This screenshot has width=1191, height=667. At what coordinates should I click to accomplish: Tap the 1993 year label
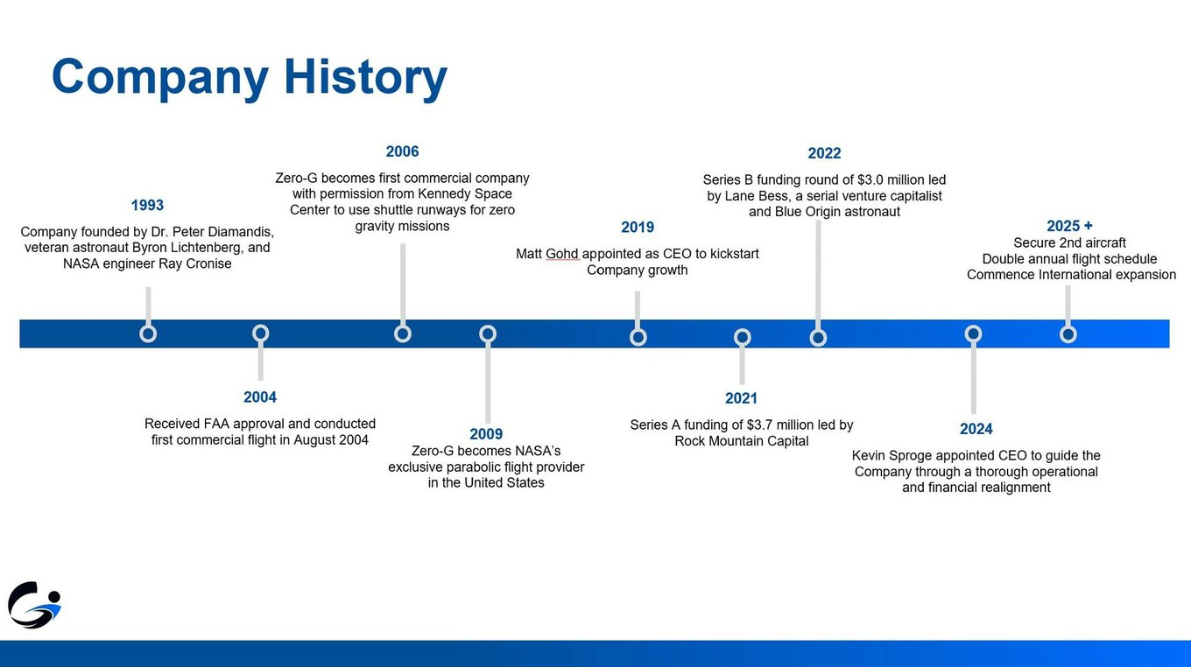(x=147, y=205)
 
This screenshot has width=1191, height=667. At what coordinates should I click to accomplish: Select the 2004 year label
(x=260, y=397)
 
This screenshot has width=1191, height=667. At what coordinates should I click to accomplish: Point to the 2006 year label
(x=402, y=151)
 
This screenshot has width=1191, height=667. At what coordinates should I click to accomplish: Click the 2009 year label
(x=486, y=434)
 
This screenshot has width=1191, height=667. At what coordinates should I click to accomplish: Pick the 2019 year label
(x=638, y=228)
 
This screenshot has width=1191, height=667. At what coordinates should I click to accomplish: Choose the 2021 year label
(x=741, y=398)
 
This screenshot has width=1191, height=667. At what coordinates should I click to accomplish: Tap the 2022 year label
(x=824, y=153)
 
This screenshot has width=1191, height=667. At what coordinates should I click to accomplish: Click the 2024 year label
(x=976, y=429)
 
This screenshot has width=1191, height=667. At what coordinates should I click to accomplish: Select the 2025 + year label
(x=1069, y=226)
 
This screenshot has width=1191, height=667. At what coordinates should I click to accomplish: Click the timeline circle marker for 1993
(x=148, y=333)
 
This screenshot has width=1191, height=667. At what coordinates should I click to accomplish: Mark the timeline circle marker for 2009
(x=488, y=333)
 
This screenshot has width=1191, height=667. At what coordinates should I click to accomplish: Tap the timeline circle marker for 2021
(x=743, y=337)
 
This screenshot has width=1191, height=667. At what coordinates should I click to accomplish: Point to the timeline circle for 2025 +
(x=1068, y=334)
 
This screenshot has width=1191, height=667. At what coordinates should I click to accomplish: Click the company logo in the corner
(x=34, y=605)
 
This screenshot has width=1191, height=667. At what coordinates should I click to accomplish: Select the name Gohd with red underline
(x=562, y=254)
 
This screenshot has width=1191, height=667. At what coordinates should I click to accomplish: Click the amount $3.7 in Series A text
(x=758, y=425)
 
